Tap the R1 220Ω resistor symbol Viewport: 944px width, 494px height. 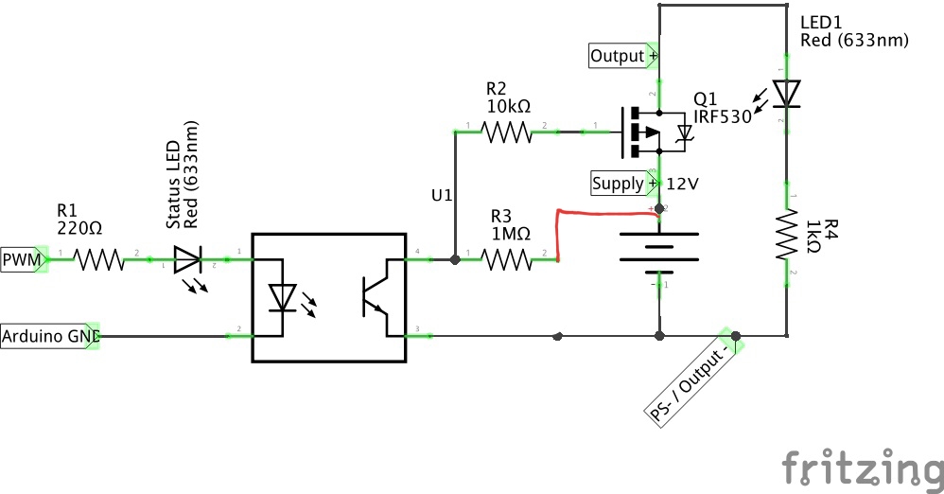click(x=98, y=258)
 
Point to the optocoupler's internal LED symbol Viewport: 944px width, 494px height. click(x=283, y=298)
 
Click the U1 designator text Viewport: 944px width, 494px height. click(x=442, y=196)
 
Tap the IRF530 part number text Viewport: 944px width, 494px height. click(x=722, y=116)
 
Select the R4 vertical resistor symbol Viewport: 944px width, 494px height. click(x=787, y=233)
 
